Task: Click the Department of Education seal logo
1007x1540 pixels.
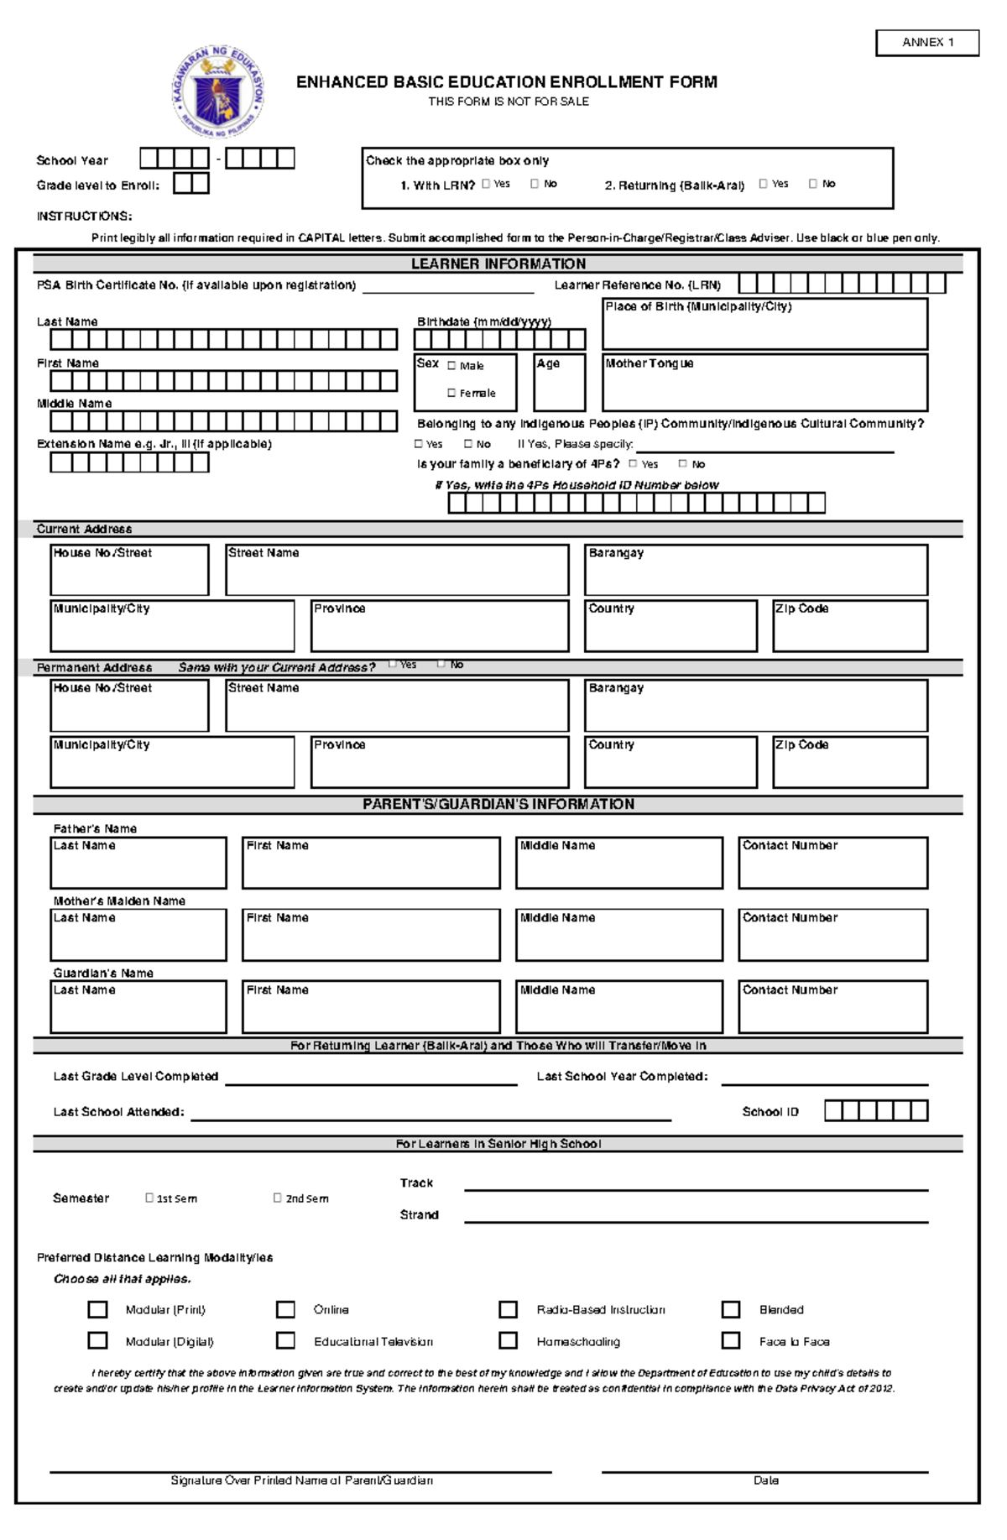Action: (x=218, y=92)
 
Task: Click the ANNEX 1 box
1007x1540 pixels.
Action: (x=927, y=42)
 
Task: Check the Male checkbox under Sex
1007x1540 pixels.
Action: (x=451, y=366)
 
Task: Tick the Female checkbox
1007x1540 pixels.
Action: (x=451, y=393)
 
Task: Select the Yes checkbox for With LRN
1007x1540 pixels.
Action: (x=486, y=184)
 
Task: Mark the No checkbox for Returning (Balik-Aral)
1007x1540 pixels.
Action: (x=812, y=184)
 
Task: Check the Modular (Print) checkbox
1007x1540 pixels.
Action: (x=98, y=1309)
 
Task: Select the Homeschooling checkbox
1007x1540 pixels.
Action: (x=508, y=1340)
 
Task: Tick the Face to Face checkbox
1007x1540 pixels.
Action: (x=731, y=1340)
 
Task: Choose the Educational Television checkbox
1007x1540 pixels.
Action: (x=285, y=1340)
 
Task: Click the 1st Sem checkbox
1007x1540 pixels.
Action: (x=149, y=1198)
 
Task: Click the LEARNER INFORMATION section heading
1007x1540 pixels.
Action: (x=498, y=264)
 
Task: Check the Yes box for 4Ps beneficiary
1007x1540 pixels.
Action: (x=633, y=463)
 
